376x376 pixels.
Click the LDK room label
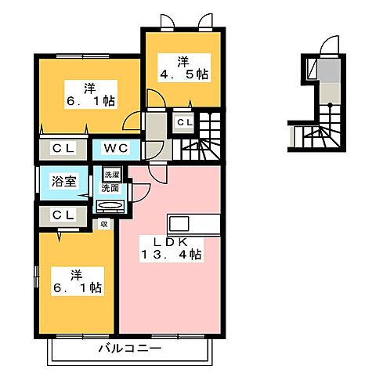(x=175, y=239)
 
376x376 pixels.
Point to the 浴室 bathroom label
(x=63, y=179)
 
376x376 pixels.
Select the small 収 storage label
(x=103, y=224)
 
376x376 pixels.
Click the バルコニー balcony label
(x=130, y=347)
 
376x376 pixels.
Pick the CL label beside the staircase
(x=183, y=123)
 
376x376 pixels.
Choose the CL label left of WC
(x=63, y=147)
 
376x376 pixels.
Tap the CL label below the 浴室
(x=63, y=214)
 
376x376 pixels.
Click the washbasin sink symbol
(x=108, y=207)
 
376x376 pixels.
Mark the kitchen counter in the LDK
(x=175, y=220)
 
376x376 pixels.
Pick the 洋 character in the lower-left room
(x=76, y=273)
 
